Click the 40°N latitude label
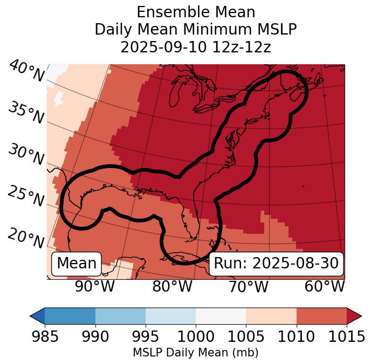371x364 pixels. (26, 72)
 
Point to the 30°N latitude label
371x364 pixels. (26, 156)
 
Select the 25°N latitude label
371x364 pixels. (26, 197)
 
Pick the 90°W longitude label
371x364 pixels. (95, 286)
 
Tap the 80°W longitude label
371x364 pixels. (172, 286)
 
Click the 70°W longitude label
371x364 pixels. (249, 286)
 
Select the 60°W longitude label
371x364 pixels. (325, 286)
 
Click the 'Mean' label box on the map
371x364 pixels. (77, 264)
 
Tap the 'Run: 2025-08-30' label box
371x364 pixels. (276, 264)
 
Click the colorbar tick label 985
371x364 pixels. (45, 337)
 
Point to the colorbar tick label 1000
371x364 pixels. (196, 337)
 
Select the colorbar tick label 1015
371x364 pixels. (347, 337)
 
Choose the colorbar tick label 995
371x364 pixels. (146, 337)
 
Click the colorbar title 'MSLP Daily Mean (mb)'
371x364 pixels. (195, 353)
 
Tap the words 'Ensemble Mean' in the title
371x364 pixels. (195, 12)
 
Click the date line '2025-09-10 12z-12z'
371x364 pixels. (195, 47)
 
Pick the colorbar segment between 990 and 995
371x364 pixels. (120, 315)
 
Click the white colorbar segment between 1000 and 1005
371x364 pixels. (221, 315)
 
